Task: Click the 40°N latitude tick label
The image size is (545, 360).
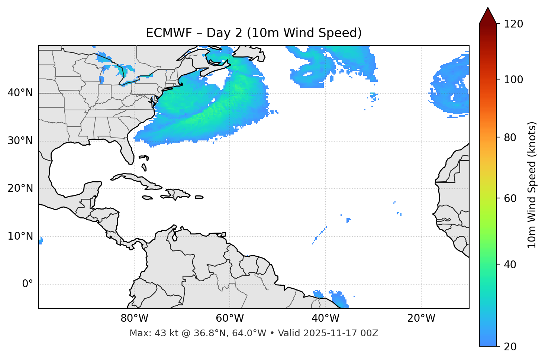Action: tap(20, 93)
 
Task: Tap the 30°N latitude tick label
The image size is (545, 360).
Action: tap(20, 141)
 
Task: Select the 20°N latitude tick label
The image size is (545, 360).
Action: tap(20, 188)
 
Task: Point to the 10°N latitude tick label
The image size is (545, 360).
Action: tap(20, 236)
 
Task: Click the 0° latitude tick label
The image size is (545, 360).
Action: tap(28, 284)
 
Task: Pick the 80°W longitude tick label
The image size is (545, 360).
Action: tap(134, 318)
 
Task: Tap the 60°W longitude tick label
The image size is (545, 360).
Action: tap(230, 318)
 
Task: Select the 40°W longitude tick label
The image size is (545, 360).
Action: tap(325, 318)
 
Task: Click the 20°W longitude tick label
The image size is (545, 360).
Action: tap(421, 318)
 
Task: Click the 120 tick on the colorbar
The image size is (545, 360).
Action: tap(513, 24)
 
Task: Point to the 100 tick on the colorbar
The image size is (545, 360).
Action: tap(513, 80)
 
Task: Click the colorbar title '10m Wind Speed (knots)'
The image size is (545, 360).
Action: tap(532, 185)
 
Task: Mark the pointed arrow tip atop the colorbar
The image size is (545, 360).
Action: tap(488, 8)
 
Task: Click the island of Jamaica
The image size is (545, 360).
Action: tap(147, 198)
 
